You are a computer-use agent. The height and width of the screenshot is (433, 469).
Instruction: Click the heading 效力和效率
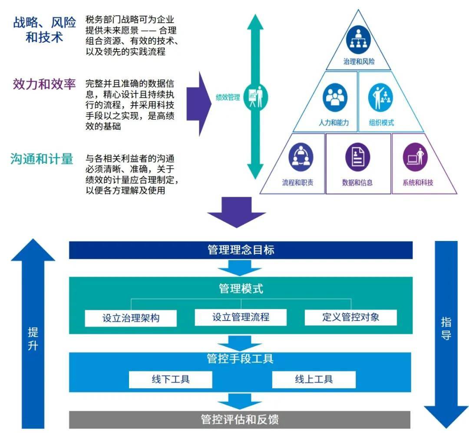pos(44,84)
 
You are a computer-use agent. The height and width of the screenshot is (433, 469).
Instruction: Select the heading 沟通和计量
pos(42,159)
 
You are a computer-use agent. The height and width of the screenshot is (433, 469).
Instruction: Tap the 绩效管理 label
pos(228,97)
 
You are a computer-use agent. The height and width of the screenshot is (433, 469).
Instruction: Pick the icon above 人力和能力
pos(335,99)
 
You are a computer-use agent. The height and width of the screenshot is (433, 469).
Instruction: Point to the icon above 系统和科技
pos(415,156)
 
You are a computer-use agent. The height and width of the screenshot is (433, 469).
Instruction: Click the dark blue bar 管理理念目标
pos(241,250)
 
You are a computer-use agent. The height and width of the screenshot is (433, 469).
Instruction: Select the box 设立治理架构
pos(131,318)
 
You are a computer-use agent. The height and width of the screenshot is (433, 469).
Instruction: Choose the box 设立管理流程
pos(241,317)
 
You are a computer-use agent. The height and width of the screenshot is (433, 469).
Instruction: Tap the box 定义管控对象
pos(350,317)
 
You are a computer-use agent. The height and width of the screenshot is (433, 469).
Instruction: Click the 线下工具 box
pos(170,380)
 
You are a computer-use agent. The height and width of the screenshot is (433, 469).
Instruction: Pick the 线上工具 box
pos(314,380)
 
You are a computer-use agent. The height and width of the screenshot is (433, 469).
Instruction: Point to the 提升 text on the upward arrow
pos(33,339)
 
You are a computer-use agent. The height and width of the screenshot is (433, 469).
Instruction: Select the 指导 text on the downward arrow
pos(446,328)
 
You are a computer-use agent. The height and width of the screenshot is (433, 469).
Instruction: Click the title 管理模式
pos(241,289)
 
